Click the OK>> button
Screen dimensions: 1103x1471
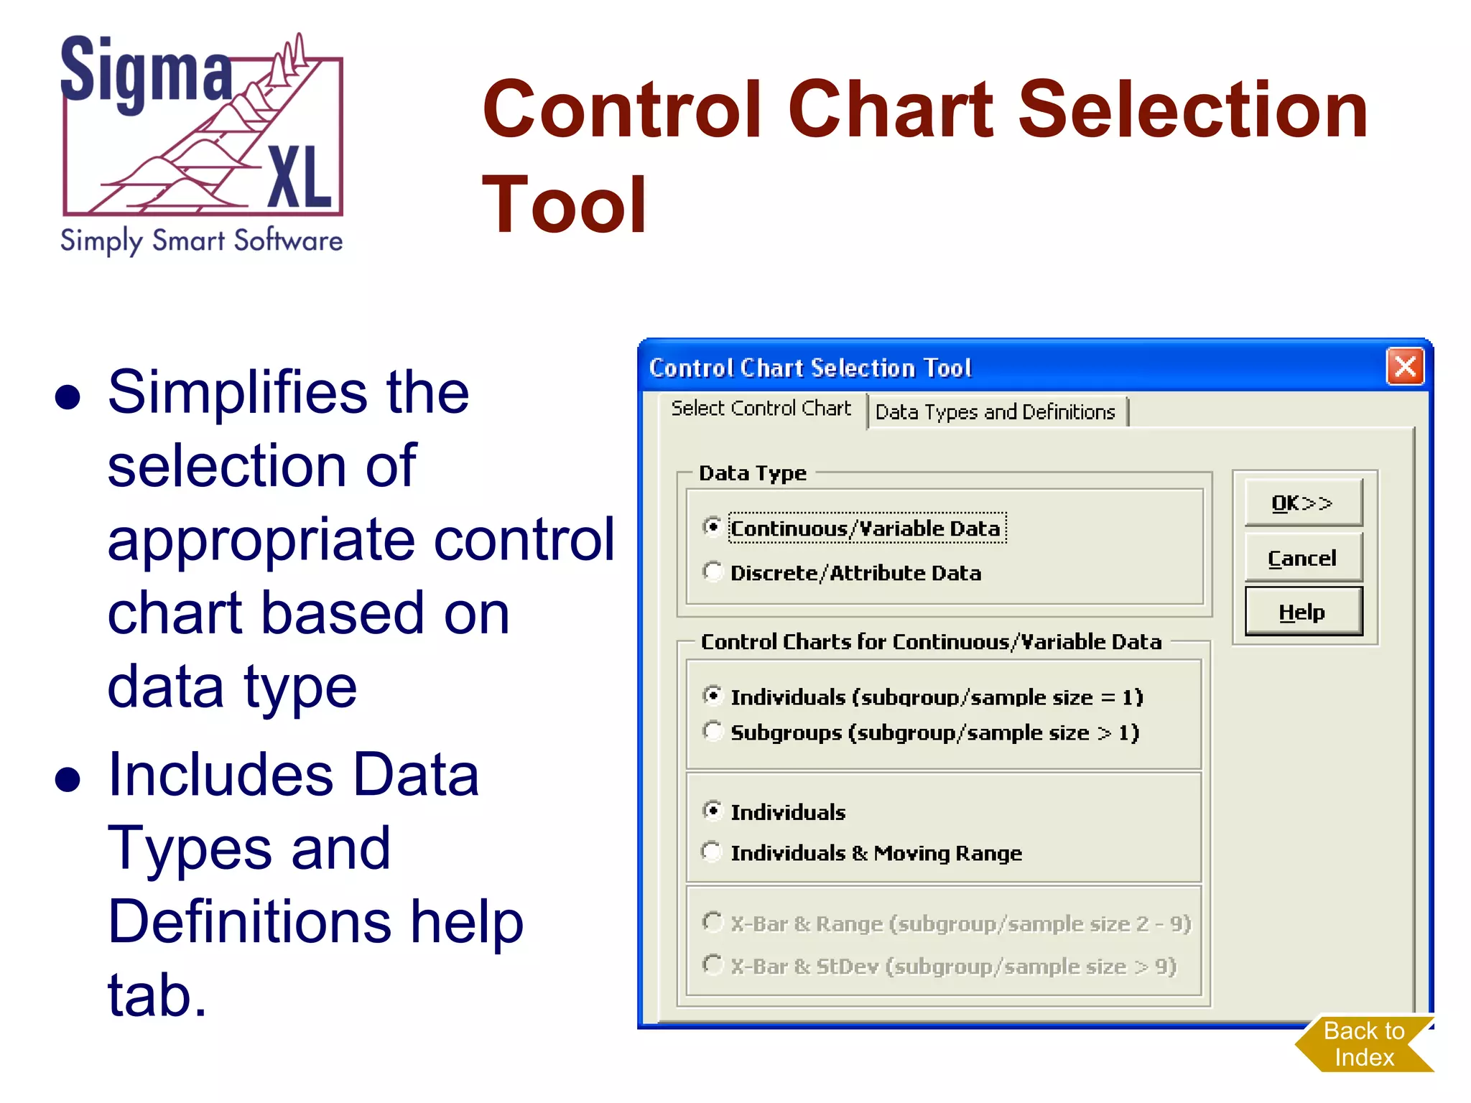click(x=1302, y=503)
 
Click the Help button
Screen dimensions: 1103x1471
click(x=1302, y=612)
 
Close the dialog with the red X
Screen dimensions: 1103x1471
click(x=1405, y=367)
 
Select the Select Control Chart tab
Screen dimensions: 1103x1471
click(x=761, y=409)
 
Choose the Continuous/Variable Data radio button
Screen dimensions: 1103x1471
click(x=712, y=527)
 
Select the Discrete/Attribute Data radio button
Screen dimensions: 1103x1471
click(x=712, y=572)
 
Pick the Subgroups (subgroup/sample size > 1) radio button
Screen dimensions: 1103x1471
click(x=712, y=731)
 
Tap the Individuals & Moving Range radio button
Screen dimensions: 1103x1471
click(x=712, y=852)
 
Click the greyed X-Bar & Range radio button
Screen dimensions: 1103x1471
click(x=712, y=922)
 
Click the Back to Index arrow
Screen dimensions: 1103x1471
click(x=1363, y=1044)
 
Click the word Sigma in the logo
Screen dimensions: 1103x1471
click(x=147, y=72)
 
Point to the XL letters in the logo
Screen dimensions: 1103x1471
click(x=300, y=177)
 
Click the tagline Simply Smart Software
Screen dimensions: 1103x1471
click(x=201, y=241)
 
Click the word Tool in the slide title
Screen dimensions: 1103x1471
click(x=565, y=205)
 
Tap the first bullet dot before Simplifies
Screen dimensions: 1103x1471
click(x=68, y=396)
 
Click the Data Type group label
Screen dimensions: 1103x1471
click(x=752, y=473)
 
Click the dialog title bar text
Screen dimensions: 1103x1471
click(x=809, y=368)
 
